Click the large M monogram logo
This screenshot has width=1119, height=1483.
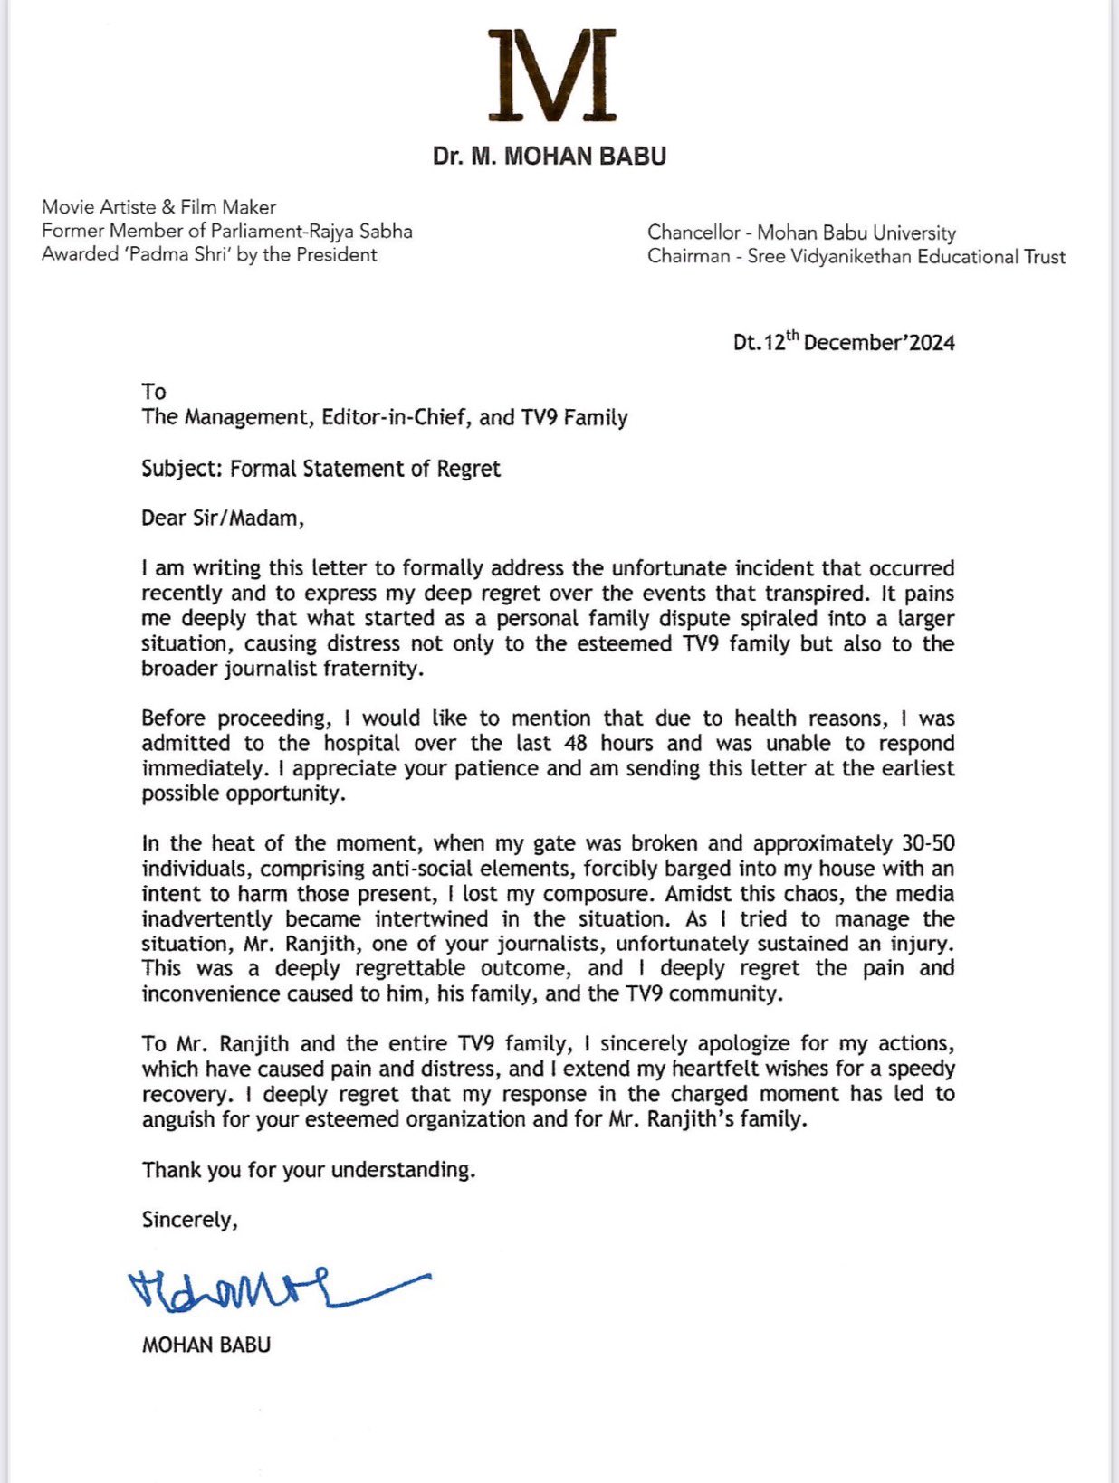551,75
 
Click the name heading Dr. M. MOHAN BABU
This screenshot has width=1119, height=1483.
550,157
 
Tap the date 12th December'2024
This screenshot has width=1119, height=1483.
844,342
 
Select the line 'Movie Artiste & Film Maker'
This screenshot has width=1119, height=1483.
158,207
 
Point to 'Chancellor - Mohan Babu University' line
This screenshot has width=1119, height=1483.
801,233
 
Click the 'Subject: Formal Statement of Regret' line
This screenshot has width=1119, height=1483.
320,469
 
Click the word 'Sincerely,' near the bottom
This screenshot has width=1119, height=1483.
189,1220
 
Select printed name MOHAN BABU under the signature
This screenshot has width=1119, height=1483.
206,1345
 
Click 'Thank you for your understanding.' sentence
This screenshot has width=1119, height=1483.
309,1170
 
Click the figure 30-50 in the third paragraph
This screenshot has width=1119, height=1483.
928,843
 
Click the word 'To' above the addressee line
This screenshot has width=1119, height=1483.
154,392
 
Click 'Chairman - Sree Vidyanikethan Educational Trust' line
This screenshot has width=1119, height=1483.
856,257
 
